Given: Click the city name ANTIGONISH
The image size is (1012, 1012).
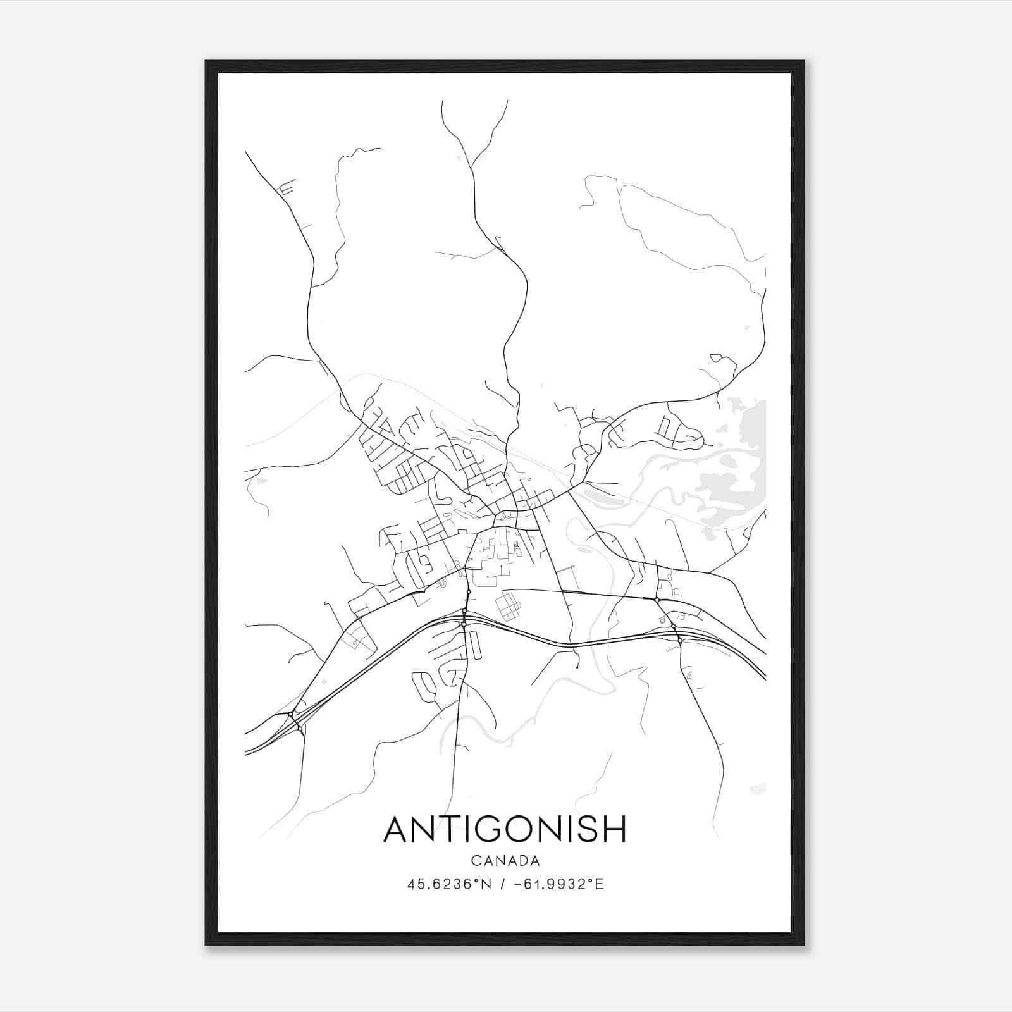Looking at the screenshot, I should [x=505, y=829].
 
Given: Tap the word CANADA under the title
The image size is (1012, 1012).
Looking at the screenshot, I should [x=505, y=861].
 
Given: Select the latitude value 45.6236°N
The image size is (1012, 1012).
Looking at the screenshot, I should [x=448, y=884].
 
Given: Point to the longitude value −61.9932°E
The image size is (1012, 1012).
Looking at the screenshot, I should [x=560, y=884].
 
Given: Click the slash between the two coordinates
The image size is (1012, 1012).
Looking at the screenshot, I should [x=502, y=884].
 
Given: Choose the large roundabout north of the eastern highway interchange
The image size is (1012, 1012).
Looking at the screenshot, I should [x=657, y=599].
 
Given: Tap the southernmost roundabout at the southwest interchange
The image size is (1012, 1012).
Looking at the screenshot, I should [x=299, y=729].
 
